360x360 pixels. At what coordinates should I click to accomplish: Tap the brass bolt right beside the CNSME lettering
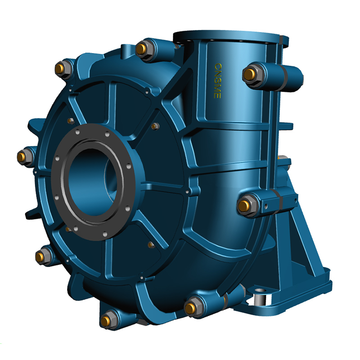[x=249, y=74]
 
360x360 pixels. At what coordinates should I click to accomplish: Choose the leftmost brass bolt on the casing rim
[x=22, y=156]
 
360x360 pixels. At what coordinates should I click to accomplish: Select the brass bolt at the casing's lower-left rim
[x=40, y=256]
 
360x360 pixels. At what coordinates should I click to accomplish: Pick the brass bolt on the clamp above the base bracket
[x=244, y=206]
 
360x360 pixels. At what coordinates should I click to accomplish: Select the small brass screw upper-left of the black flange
[x=70, y=121]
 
